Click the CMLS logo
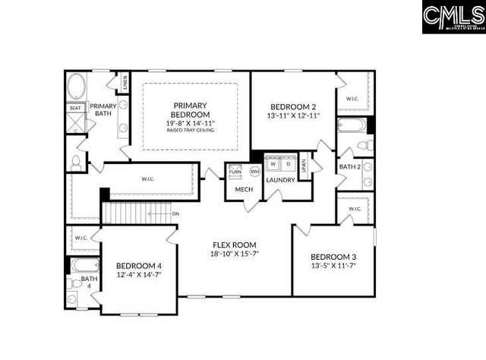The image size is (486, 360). [x=451, y=17]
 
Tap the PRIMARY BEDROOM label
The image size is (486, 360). [x=191, y=110]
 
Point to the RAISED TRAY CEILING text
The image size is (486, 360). [x=191, y=131]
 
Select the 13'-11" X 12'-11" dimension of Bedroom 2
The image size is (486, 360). [x=294, y=116]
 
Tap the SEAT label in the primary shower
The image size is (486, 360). [x=75, y=109]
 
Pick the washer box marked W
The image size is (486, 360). [x=273, y=164]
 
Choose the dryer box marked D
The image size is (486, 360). [x=288, y=164]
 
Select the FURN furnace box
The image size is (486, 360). [x=236, y=172]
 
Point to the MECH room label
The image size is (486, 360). [x=244, y=190]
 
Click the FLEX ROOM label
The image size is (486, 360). [x=232, y=245]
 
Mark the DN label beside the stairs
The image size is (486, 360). [x=175, y=214]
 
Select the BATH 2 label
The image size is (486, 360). [x=349, y=166]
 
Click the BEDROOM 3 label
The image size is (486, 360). [x=333, y=257]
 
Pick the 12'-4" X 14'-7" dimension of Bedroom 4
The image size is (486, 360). [x=138, y=276]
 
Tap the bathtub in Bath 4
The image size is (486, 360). [x=83, y=266]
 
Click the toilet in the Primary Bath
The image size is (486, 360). [x=75, y=161]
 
